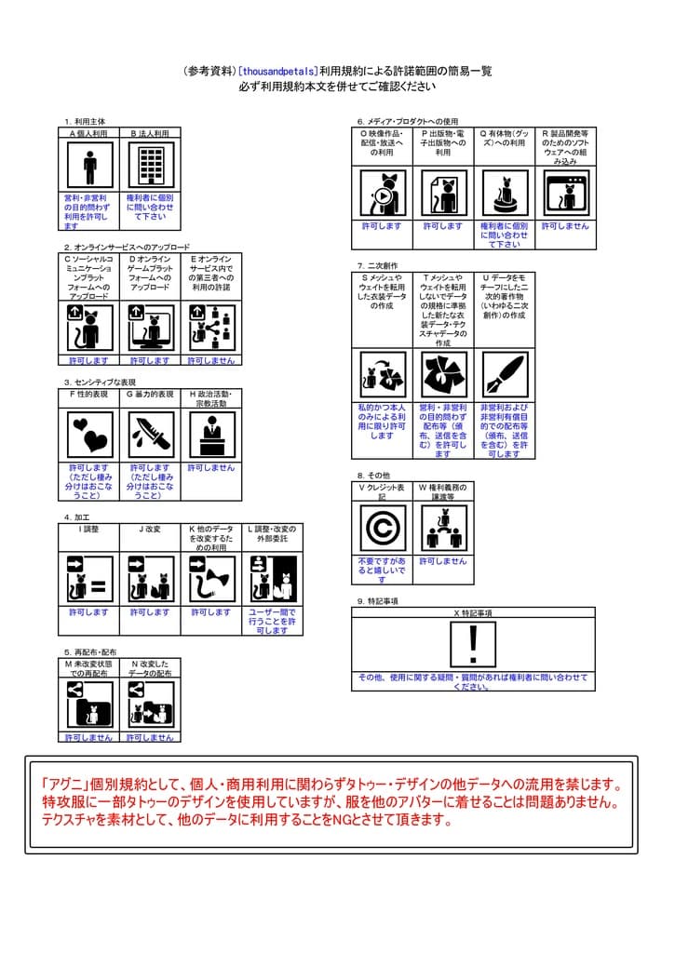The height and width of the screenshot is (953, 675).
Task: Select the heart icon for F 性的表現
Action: [x=89, y=435]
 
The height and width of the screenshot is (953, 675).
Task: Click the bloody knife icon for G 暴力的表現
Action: [x=150, y=435]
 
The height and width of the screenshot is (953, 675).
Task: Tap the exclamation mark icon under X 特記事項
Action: [x=473, y=644]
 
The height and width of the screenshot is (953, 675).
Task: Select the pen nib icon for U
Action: [x=505, y=374]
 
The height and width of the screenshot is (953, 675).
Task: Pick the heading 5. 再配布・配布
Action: [x=90, y=652]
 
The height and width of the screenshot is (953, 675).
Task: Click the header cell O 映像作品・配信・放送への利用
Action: [x=382, y=146]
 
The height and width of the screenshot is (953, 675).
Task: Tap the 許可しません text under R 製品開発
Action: [x=565, y=226]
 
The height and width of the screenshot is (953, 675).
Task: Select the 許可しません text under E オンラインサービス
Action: [x=211, y=360]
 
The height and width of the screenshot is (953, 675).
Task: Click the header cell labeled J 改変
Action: [x=150, y=529]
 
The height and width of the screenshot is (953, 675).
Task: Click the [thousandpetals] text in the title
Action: [x=277, y=71]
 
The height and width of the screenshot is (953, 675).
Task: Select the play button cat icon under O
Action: [x=382, y=194]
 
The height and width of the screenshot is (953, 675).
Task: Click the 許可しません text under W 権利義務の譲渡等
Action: [x=442, y=562]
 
